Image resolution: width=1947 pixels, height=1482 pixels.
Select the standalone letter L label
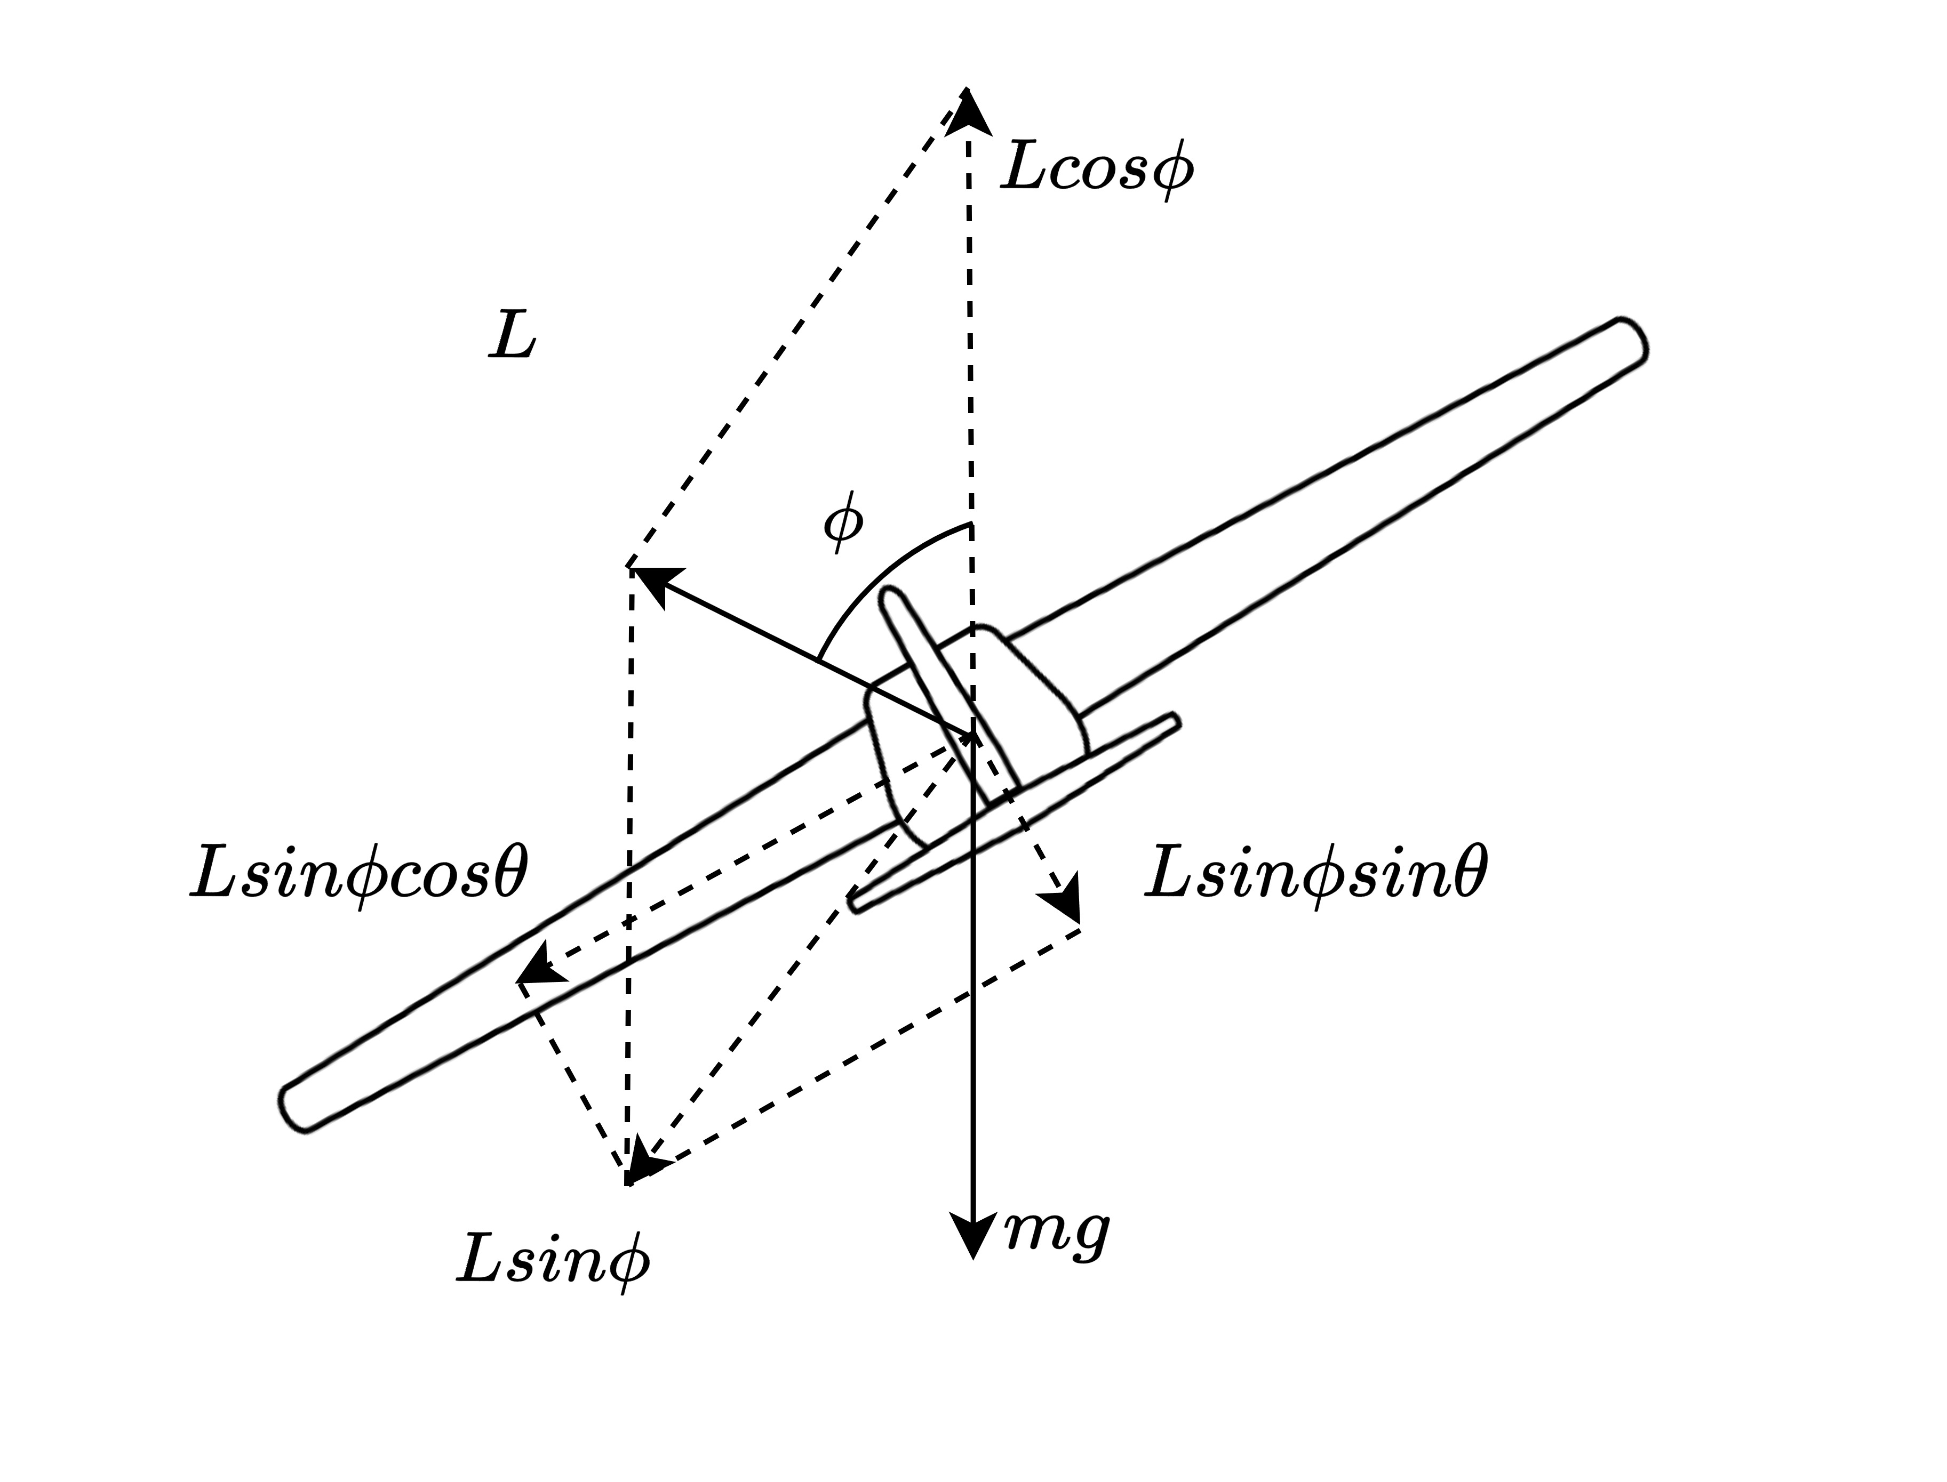512,338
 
